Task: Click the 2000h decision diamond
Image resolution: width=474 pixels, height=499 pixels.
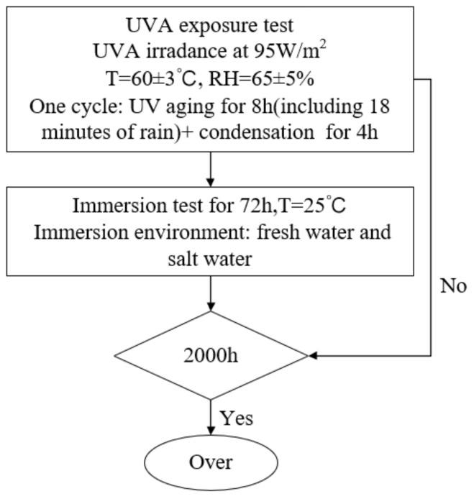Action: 211,355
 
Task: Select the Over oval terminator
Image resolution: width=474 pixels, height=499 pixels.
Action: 211,462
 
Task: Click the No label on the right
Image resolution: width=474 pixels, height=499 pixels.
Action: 453,286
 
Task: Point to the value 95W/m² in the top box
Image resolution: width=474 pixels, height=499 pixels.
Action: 294,52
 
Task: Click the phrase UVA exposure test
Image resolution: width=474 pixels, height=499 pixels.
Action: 210,26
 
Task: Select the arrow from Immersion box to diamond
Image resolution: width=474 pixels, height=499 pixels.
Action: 211,293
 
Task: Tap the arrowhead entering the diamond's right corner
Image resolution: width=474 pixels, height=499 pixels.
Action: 314,355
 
